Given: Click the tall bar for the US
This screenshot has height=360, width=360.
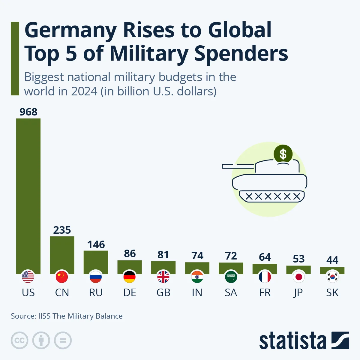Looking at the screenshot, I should point(28,195).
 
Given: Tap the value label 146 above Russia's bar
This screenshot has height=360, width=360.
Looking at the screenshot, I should point(96,244).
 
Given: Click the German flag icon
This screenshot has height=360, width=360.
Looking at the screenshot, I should point(130,277).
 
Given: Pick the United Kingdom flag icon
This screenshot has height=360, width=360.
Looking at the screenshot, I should point(163,277).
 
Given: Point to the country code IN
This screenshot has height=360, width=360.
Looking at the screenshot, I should point(197,292).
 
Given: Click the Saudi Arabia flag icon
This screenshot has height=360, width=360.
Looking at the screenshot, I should point(231,277).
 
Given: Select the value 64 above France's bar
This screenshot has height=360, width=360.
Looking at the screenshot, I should point(265,257).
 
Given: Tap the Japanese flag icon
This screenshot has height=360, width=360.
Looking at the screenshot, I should point(298,277).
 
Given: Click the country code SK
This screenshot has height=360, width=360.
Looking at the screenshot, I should point(332,292).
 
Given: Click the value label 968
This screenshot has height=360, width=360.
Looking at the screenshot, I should point(28,112).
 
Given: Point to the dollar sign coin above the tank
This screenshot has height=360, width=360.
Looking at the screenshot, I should point(283,154).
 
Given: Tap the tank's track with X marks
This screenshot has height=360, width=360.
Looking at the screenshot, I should point(272,196).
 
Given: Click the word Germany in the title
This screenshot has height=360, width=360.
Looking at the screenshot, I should point(70,30).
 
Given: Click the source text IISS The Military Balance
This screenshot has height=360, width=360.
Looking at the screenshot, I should point(80,316).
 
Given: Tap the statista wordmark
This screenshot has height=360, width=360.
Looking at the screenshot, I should point(292,341).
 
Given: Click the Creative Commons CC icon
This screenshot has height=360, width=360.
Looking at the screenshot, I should point(19,340).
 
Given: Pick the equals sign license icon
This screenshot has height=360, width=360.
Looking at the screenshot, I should point(63,340).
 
